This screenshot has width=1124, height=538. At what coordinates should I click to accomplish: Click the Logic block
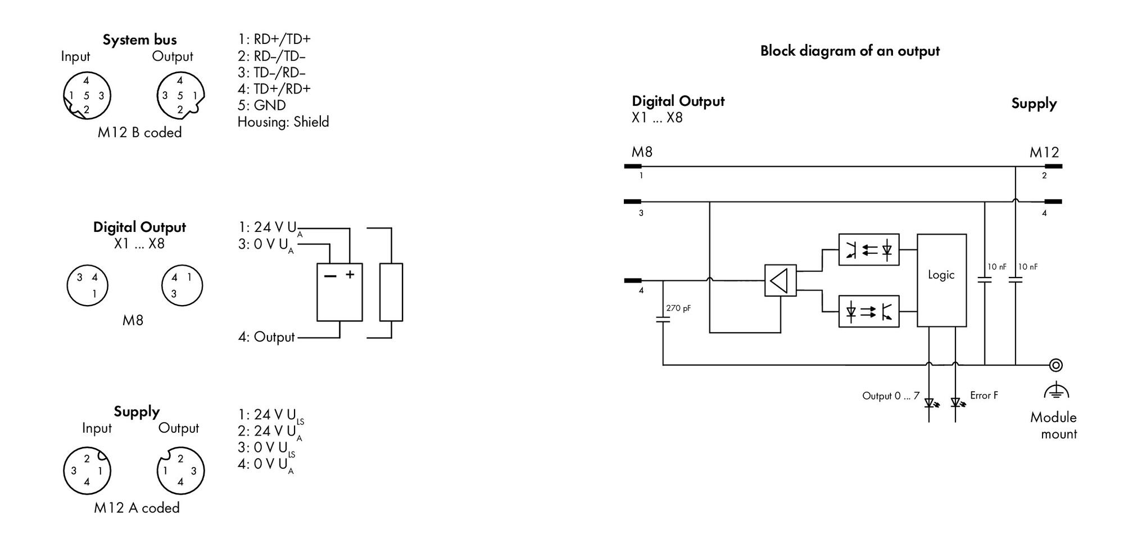tap(941, 280)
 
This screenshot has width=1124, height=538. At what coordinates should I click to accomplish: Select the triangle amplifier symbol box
tap(780, 280)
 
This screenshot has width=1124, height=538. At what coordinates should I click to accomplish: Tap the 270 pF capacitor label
tap(678, 308)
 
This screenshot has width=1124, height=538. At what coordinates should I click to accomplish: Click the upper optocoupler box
tap(868, 249)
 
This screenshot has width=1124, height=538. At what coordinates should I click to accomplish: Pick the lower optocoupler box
tap(868, 311)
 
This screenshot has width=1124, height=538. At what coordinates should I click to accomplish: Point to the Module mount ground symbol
tap(1056, 391)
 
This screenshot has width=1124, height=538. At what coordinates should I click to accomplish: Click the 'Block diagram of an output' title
tap(850, 51)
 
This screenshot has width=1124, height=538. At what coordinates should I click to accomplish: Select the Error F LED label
tap(984, 395)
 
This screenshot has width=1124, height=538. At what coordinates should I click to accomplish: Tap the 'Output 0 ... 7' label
tap(891, 396)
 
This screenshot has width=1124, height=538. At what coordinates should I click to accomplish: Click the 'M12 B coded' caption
tap(139, 132)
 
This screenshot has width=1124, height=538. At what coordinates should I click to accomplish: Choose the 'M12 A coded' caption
tap(137, 508)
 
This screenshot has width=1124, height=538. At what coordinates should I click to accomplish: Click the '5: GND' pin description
tap(261, 105)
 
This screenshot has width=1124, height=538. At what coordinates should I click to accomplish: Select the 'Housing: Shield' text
tap(283, 122)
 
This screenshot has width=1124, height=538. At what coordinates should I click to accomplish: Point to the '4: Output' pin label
tap(266, 337)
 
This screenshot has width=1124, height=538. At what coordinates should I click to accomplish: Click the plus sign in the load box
tap(350, 275)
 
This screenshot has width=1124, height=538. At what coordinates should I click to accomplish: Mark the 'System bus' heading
tap(139, 40)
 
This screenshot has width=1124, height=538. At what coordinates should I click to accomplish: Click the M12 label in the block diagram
tap(1044, 153)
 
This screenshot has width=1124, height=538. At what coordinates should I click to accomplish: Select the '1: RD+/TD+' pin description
tap(274, 39)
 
